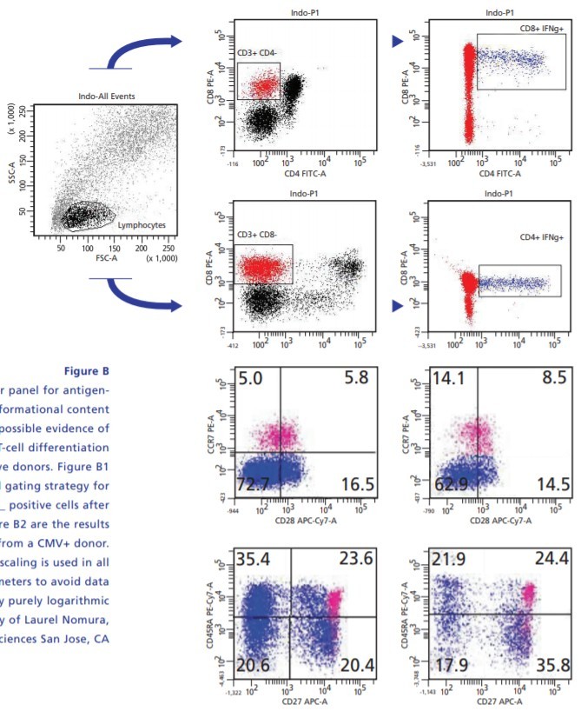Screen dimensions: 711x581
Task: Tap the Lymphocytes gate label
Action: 141,225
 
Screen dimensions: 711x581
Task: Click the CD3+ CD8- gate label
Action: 258,236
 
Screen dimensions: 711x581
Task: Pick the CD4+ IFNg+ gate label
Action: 541,236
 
